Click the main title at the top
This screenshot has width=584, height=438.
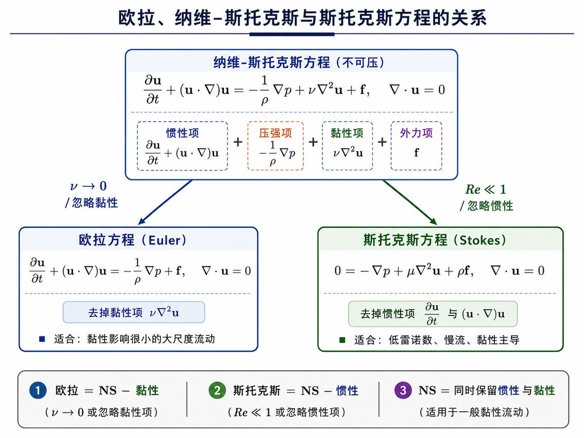(x=302, y=18)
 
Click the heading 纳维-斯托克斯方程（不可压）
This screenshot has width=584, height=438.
(x=299, y=63)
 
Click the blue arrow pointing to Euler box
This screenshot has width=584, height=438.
(x=165, y=202)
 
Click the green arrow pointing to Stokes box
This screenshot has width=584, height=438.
(x=410, y=202)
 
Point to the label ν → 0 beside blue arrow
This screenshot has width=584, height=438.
(x=89, y=186)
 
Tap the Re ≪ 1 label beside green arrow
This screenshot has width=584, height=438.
(x=486, y=189)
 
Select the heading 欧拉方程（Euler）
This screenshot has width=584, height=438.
(x=133, y=240)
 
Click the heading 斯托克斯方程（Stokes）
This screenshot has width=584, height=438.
(x=435, y=240)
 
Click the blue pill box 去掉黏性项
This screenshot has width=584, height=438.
(x=134, y=312)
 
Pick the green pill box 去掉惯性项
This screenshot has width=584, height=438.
(x=433, y=314)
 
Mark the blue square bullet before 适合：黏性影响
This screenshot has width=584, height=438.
(x=42, y=339)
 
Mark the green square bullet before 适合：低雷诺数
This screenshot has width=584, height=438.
(x=343, y=340)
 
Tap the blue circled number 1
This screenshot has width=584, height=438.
(x=38, y=390)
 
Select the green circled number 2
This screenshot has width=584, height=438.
(x=217, y=390)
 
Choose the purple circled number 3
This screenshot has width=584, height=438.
(x=403, y=390)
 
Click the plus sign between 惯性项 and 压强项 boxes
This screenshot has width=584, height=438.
(x=238, y=142)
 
